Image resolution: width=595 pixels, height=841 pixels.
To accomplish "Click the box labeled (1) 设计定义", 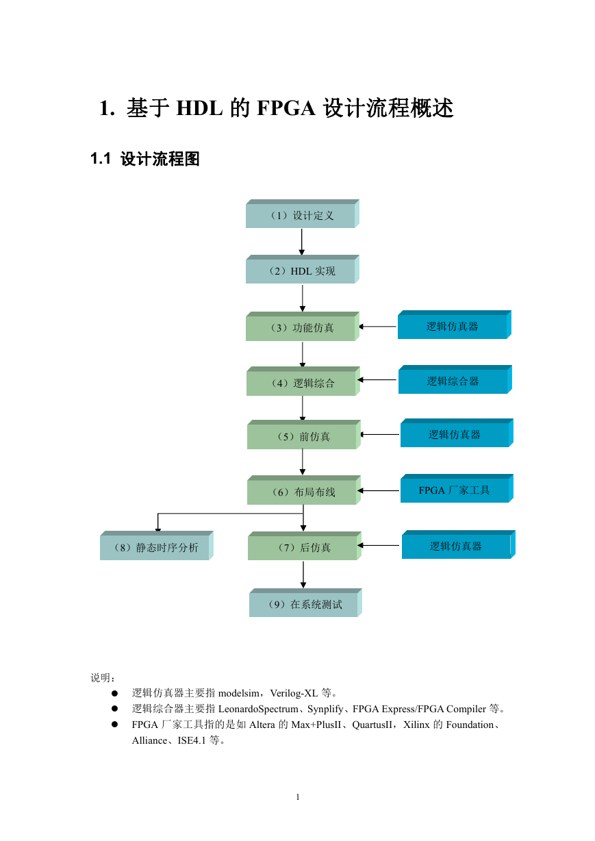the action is pyautogui.click(x=302, y=214).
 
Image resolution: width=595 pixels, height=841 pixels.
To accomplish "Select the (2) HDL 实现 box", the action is pyautogui.click(x=302, y=269).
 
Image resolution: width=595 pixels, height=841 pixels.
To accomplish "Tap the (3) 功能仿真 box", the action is pyautogui.click(x=302, y=326).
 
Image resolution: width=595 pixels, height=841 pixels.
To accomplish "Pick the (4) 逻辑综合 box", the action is pyautogui.click(x=303, y=381).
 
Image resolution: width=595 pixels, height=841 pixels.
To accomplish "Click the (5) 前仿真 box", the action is pyautogui.click(x=304, y=435).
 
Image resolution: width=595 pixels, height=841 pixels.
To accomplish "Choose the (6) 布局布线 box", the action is pyautogui.click(x=304, y=490).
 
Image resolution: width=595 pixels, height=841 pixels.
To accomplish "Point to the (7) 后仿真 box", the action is pyautogui.click(x=305, y=546).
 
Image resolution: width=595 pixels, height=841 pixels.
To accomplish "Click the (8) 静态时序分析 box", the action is pyautogui.click(x=157, y=546).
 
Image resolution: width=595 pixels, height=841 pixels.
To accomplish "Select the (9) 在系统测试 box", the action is pyautogui.click(x=305, y=603).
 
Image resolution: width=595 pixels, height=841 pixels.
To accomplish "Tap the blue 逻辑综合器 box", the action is pyautogui.click(x=455, y=379).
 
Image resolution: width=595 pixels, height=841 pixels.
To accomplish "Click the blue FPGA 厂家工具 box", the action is pyautogui.click(x=457, y=488).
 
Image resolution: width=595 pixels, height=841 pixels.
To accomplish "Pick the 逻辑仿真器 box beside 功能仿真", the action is pyautogui.click(x=454, y=325).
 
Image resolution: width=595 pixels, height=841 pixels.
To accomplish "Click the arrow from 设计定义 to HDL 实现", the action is pyautogui.click(x=301, y=242).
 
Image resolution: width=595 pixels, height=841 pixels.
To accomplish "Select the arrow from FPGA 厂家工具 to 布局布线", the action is pyautogui.click(x=379, y=490).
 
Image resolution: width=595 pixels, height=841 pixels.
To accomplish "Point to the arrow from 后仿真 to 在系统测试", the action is pyautogui.click(x=303, y=575).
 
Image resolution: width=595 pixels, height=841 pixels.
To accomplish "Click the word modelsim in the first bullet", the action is pyautogui.click(x=239, y=693).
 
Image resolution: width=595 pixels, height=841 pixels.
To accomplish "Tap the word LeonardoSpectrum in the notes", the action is pyautogui.click(x=258, y=710).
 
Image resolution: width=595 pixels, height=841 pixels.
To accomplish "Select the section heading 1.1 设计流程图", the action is pyautogui.click(x=145, y=159).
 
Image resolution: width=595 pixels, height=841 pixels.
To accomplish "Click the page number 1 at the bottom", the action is pyautogui.click(x=298, y=796).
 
